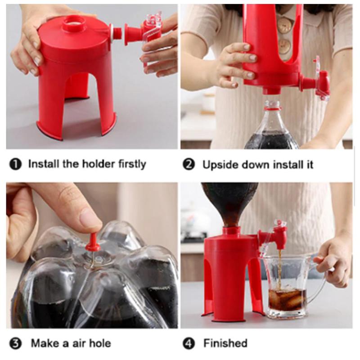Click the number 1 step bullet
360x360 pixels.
pyautogui.click(x=15, y=164)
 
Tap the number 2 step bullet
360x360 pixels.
pyautogui.click(x=189, y=164)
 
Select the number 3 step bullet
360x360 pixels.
pyautogui.click(x=15, y=344)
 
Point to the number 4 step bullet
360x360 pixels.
pyautogui.click(x=189, y=344)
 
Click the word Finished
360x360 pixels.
pyautogui.click(x=225, y=344)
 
